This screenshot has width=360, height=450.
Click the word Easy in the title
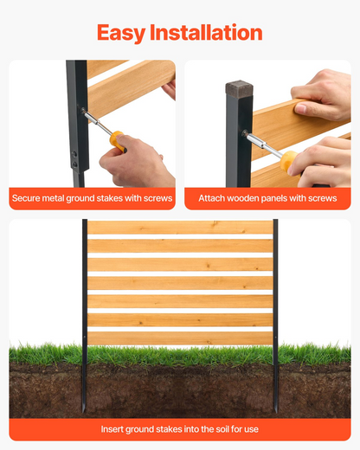(121, 33)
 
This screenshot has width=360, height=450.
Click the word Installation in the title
(206, 32)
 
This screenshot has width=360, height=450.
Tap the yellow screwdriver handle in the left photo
(118, 141)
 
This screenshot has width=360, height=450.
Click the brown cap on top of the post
(239, 88)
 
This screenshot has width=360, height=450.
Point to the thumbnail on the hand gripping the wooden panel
(300, 109)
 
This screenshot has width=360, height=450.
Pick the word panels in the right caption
(273, 198)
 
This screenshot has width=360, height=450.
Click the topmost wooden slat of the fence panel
(180, 228)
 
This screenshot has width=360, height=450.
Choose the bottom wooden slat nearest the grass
(180, 338)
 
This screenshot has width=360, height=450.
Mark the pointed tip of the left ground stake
(84, 413)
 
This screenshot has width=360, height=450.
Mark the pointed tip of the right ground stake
(276, 413)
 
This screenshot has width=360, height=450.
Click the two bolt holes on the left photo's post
(74, 159)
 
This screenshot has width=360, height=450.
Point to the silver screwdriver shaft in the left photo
(97, 121)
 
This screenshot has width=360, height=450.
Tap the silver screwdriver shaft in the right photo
(262, 144)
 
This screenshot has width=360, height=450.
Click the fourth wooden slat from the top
(180, 283)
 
